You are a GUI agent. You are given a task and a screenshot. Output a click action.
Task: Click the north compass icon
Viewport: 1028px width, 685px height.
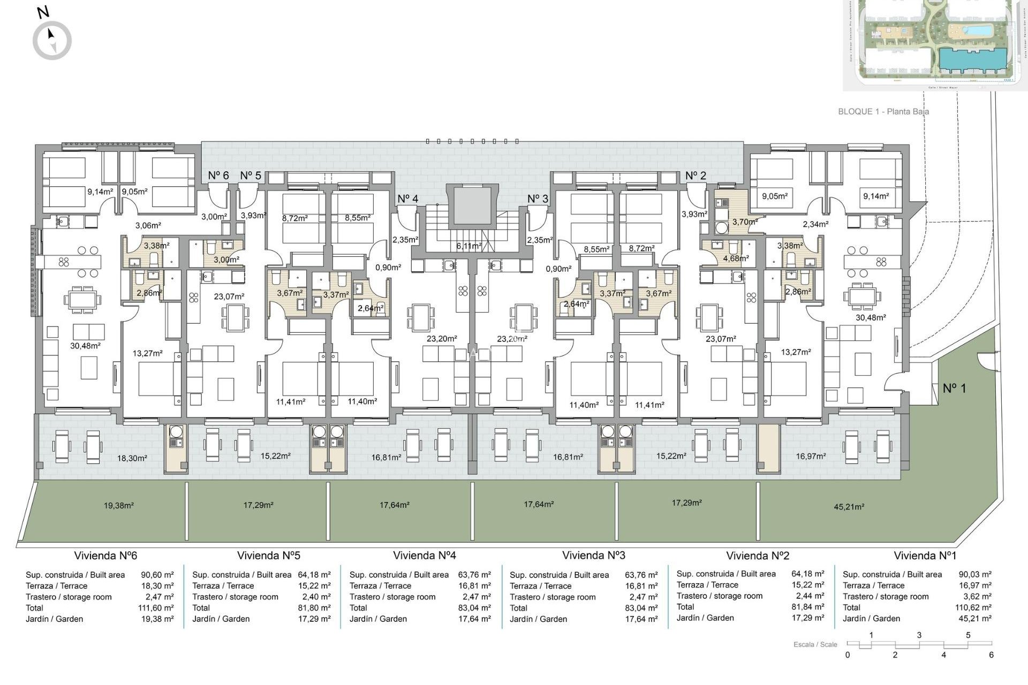[52, 40]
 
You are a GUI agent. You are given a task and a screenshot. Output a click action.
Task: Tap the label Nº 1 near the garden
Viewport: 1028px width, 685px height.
[954, 389]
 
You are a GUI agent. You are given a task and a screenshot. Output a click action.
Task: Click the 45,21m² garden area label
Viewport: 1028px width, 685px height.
[849, 507]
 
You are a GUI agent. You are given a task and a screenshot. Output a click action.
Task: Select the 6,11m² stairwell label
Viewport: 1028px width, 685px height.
[468, 246]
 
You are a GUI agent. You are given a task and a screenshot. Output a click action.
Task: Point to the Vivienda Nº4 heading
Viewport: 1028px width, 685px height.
[424, 555]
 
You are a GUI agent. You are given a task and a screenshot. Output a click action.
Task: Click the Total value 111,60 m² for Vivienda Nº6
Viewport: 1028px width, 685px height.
[155, 608]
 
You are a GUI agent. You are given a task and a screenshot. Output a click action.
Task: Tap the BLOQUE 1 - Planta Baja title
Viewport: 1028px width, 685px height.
[883, 112]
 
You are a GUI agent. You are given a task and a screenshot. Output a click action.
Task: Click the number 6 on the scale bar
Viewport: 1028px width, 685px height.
[991, 655]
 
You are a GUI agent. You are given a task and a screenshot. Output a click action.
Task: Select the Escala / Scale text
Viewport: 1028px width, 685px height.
[815, 644]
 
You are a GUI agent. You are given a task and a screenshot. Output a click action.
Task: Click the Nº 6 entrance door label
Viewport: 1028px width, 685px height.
[218, 176]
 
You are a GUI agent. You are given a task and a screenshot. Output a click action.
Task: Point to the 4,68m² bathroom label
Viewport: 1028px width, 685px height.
[736, 258]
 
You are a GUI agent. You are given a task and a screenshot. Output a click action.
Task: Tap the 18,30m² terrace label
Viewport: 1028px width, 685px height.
[132, 458]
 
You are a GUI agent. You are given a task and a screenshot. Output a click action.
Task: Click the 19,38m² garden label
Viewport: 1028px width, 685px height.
[118, 505]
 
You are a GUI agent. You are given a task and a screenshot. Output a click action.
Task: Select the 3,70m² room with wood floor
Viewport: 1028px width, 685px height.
[745, 222]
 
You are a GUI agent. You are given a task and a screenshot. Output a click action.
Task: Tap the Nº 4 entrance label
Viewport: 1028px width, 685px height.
[407, 199]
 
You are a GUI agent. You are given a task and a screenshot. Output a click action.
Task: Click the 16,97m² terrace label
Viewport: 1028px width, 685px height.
[811, 456]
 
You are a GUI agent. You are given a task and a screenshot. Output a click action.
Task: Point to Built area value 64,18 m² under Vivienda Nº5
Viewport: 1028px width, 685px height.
[314, 575]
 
